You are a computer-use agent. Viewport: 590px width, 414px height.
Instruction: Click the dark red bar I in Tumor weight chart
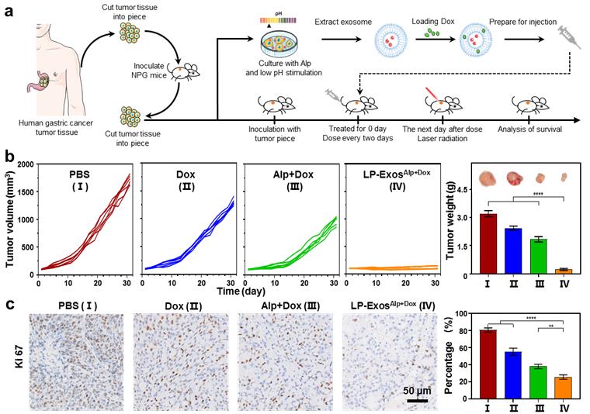(x=488, y=243)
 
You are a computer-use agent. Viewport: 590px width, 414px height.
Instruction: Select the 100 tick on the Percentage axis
(x=463, y=314)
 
